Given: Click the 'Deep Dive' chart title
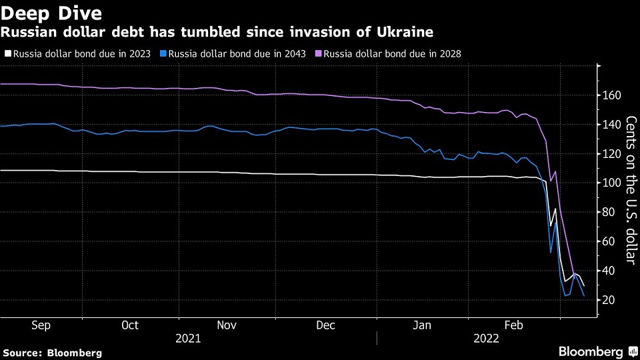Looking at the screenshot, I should tap(52, 13).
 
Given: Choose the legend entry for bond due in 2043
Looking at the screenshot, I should tap(237, 54).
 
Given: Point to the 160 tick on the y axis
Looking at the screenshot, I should tap(613, 95).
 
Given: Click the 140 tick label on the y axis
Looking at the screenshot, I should tap(613, 125).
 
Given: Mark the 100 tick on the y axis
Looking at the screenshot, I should tap(613, 183).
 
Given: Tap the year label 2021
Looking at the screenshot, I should tap(187, 338).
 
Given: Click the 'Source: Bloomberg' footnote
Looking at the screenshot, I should tap(53, 353).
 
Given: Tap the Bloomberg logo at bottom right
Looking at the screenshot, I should tap(590, 351).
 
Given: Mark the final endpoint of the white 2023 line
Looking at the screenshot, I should tap(584, 286).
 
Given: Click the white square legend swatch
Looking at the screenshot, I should tap(7, 54).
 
